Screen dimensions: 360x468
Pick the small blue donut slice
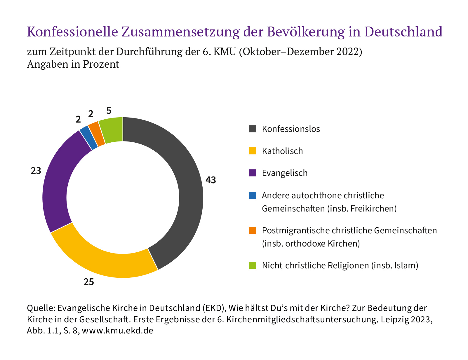pos(88,138)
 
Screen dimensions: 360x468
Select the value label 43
pos(210,180)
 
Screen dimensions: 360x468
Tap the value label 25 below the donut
pos(89,282)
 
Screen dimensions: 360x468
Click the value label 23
pos(36,171)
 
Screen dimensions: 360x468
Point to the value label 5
pos(109,111)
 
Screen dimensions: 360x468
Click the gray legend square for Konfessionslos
pos(253,129)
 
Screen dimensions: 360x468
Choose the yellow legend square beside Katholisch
pos(253,151)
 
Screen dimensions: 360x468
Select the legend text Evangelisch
pos(285,173)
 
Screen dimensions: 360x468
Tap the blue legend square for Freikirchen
pos(253,195)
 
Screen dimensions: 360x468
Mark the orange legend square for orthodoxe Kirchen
pos(253,230)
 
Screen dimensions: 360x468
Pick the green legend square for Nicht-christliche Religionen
pos(253,265)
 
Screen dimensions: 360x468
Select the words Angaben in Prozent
pos(73,64)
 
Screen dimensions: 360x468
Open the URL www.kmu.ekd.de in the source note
pos(118,331)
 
